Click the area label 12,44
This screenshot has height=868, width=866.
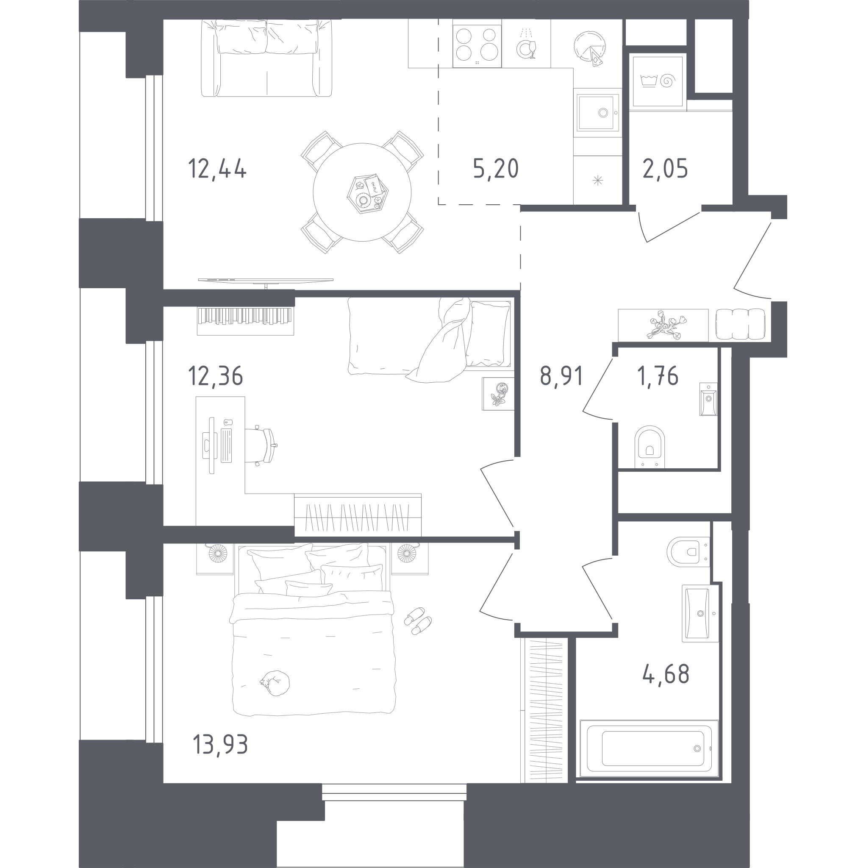click(217, 169)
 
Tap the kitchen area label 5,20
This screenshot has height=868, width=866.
click(496, 169)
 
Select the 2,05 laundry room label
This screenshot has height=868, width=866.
click(665, 169)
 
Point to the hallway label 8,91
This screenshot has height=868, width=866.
click(561, 376)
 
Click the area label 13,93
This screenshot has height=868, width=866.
click(220, 744)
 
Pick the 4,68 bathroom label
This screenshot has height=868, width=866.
click(666, 674)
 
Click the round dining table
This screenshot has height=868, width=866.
click(362, 192)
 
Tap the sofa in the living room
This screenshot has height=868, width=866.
click(266, 58)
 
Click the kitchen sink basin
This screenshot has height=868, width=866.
click(597, 112)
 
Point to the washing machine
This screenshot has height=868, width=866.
click(658, 81)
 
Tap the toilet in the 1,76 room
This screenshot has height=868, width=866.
click(649, 447)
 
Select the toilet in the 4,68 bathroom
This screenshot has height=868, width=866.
click(688, 552)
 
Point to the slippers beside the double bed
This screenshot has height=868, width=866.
click(418, 621)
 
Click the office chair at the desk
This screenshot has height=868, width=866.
click(261, 445)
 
